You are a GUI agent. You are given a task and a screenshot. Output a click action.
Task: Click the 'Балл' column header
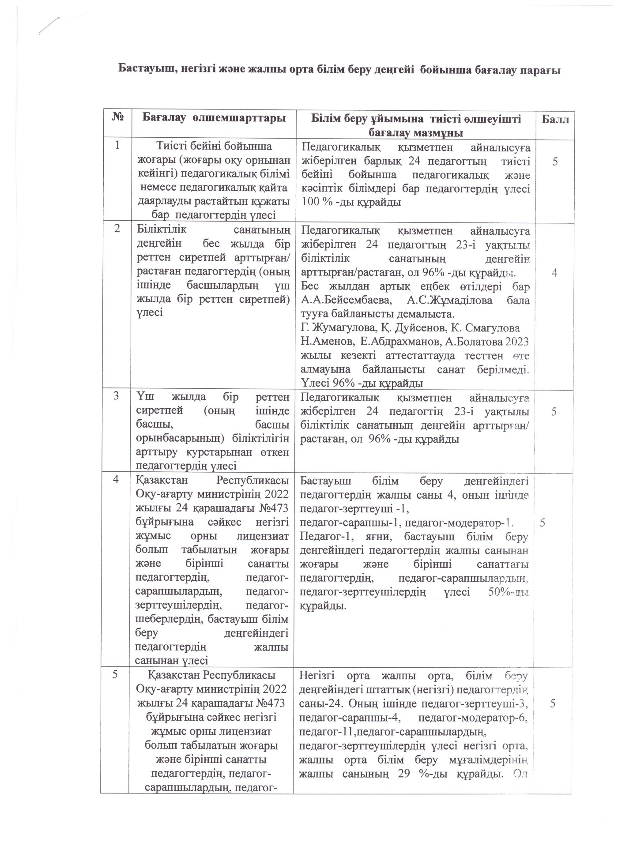(x=555, y=120)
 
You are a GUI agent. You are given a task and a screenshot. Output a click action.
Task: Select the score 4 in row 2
(x=554, y=273)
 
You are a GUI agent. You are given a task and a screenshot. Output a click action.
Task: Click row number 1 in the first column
(x=117, y=146)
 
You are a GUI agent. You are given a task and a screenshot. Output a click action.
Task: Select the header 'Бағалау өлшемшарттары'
(x=214, y=118)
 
